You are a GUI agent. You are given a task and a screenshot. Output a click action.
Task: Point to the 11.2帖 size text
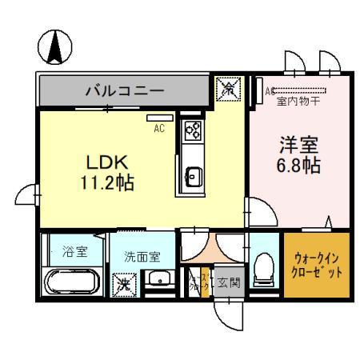pos(106,182)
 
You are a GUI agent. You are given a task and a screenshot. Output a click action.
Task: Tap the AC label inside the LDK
pos(161,125)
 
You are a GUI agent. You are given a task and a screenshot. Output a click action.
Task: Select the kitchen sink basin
pos(193,174)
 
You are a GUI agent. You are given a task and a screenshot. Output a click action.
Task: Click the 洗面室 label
pos(142,257)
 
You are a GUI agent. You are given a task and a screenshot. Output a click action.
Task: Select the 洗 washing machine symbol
pos(124,283)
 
